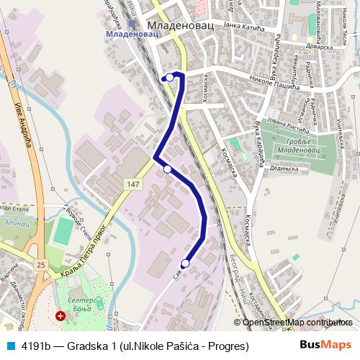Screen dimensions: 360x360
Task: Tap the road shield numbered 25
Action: (x=41, y=265)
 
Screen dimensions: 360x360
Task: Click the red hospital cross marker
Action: (x=60, y=315)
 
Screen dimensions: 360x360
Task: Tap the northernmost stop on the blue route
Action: (x=170, y=77)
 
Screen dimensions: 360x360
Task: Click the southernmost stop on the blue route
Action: (x=185, y=264)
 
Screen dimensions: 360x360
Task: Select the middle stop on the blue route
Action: (x=167, y=169)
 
